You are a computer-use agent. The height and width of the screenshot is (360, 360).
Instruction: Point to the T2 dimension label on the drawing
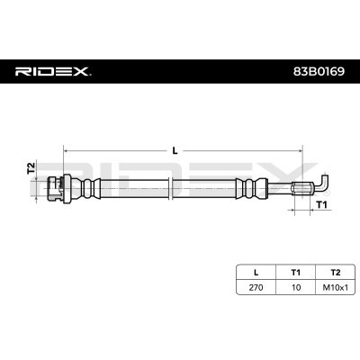[x=31, y=168]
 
